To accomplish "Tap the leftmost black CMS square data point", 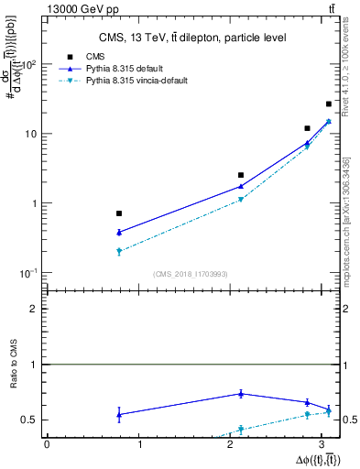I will [x=119, y=213].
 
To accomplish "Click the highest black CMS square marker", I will [x=329, y=104].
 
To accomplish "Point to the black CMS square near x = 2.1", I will [x=241, y=175].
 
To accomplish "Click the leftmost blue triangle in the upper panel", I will [x=119, y=233].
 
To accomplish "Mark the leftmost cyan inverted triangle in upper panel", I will [x=119, y=251].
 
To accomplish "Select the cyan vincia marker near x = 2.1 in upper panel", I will [x=241, y=199].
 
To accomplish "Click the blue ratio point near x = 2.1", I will [x=241, y=394].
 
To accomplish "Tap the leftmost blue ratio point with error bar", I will [x=119, y=414].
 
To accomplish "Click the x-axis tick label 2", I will [x=235, y=445].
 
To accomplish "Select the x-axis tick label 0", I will [x=47, y=445].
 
